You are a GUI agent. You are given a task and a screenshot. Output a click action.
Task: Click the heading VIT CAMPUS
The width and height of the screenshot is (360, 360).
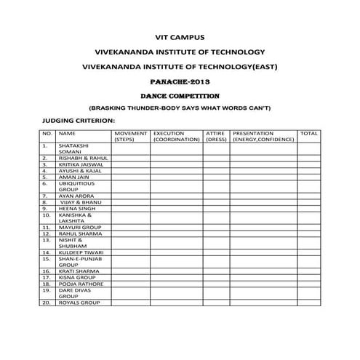180,36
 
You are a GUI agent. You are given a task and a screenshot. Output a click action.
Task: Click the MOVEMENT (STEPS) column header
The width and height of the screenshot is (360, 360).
131,136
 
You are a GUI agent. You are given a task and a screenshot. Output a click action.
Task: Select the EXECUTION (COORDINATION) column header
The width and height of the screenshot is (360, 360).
177,136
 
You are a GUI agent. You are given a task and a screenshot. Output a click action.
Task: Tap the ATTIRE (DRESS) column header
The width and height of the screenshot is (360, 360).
215,136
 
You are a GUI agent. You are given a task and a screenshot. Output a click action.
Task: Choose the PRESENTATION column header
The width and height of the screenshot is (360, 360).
263,136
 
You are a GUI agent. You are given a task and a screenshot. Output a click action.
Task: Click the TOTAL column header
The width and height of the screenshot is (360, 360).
308,134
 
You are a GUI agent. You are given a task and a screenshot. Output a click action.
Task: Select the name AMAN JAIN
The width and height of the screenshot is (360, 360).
73,178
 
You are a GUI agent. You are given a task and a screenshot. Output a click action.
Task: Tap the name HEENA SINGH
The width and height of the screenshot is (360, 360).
76,209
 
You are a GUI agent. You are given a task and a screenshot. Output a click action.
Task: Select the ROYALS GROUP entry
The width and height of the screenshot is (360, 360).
79,302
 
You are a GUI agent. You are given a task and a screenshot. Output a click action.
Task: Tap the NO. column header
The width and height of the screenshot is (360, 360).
46,134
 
